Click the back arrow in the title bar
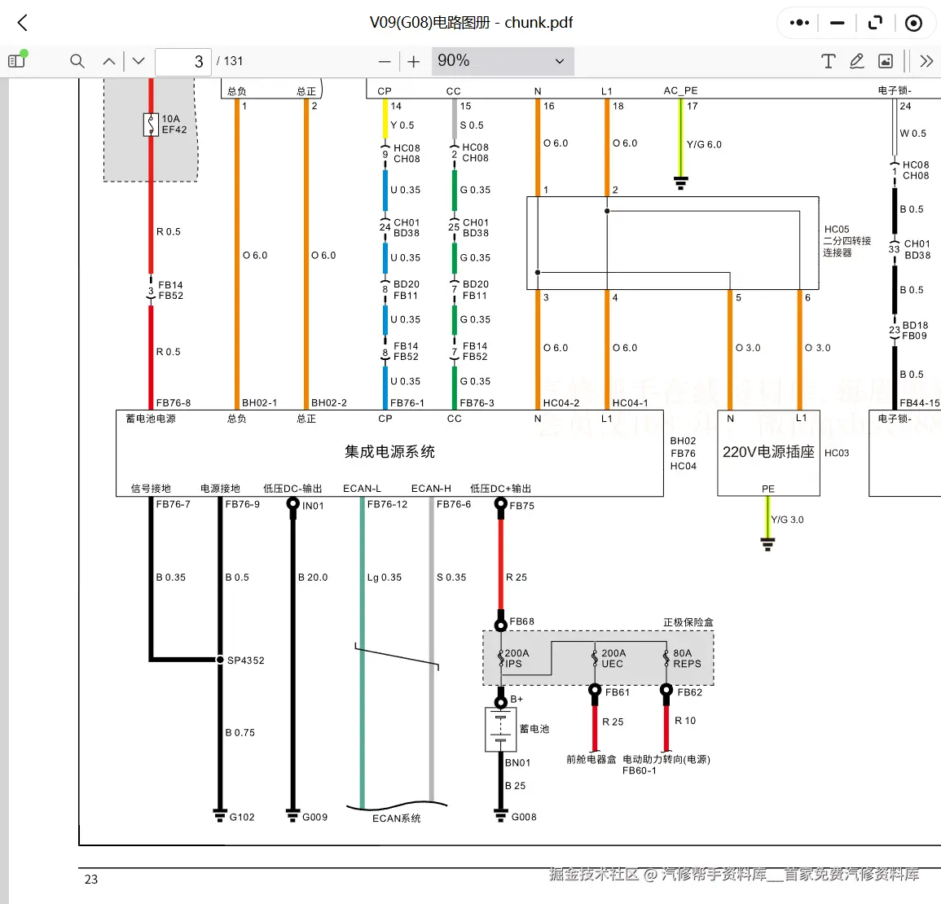[23, 23]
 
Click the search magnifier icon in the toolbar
[77, 61]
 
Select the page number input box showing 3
[182, 61]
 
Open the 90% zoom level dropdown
[500, 61]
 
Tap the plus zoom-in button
[414, 61]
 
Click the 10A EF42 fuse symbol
[151, 125]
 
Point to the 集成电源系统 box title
[389, 452]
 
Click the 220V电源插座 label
[768, 452]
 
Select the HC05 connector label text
[837, 230]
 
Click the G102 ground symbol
[219, 814]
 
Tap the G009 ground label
[314, 817]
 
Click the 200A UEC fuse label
[613, 659]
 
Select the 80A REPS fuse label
[687, 659]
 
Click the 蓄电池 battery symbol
[500, 729]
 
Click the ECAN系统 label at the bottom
[397, 818]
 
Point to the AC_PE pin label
[680, 90]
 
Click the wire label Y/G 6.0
[704, 144]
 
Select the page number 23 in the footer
[91, 880]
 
